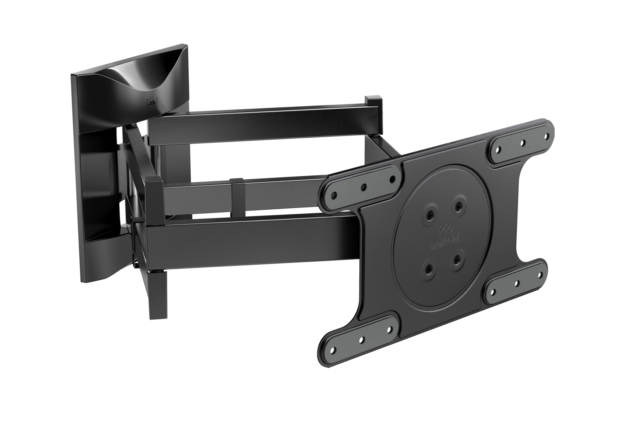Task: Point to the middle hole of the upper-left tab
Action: [x=363, y=186]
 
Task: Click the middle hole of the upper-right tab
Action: [x=523, y=143]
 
